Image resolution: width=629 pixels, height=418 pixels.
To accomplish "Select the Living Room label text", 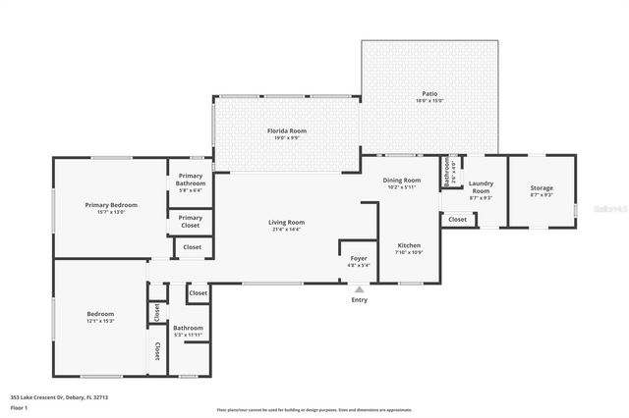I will tap(287, 222).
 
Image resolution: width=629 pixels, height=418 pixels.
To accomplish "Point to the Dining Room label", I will tap(401, 180).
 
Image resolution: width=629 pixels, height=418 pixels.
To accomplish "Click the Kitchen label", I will tap(409, 245).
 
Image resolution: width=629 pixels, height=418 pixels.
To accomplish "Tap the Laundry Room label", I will tap(481, 186).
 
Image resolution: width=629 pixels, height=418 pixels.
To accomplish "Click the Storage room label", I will tap(542, 187).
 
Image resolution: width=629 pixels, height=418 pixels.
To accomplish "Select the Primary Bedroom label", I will tap(111, 204).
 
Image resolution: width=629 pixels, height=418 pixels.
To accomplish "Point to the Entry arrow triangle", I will tap(360, 289).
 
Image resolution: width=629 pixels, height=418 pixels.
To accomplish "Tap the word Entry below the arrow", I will tap(360, 300).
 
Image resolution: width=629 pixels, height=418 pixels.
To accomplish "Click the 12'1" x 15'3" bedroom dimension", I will tap(100, 321).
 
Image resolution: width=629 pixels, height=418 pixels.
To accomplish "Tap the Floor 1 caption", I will tap(19, 406).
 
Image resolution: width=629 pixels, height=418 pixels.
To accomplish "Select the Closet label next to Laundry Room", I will tap(458, 220).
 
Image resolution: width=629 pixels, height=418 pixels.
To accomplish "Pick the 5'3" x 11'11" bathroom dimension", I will tap(188, 335).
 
